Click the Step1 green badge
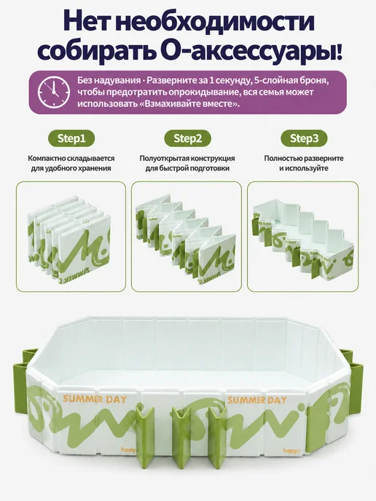point(71,138)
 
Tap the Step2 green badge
point(188,138)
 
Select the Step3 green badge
point(304,138)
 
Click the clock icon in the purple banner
point(54,92)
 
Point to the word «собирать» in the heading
point(97,51)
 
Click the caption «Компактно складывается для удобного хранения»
point(71,163)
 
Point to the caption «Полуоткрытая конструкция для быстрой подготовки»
point(187,163)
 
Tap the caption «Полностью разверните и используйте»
point(304,163)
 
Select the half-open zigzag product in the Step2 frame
point(185,242)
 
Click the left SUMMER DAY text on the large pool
point(95,399)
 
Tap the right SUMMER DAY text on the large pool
point(257,399)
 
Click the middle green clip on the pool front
point(181,438)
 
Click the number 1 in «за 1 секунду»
point(211,80)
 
